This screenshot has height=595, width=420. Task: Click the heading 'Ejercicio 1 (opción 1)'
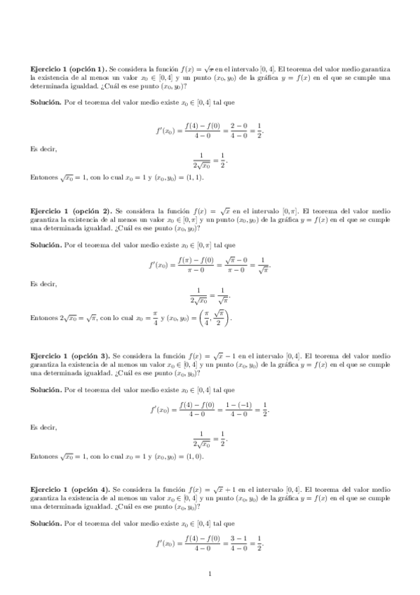pyautogui.click(x=69, y=69)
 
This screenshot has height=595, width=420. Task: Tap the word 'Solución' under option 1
pyautogui.click(x=46, y=102)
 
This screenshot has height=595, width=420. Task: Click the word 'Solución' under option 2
pyautogui.click(x=46, y=245)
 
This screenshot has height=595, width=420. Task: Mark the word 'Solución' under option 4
pyautogui.click(x=46, y=523)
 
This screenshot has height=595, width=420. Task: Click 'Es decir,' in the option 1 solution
pyautogui.click(x=43, y=149)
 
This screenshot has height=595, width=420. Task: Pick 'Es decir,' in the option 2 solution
pyautogui.click(x=43, y=284)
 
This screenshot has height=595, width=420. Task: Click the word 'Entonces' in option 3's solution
pyautogui.click(x=44, y=456)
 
